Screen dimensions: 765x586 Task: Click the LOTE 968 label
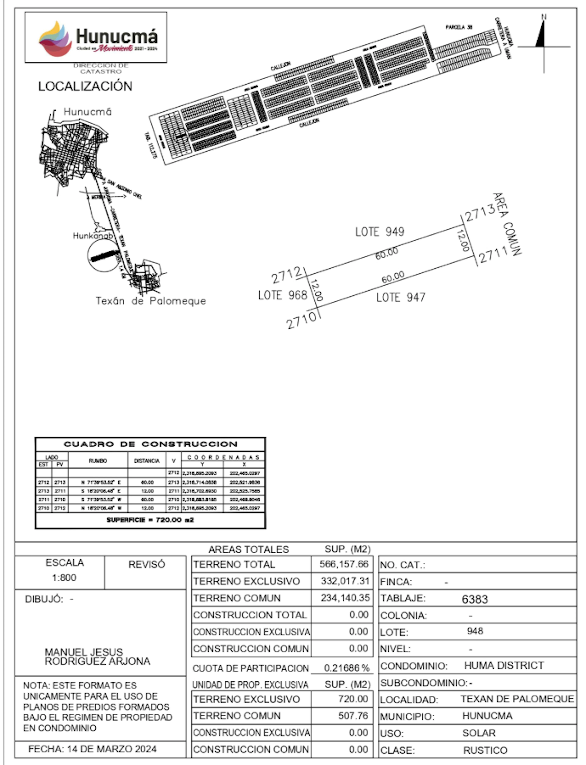click(x=282, y=295)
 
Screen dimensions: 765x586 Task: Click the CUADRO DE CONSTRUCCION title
click(x=150, y=444)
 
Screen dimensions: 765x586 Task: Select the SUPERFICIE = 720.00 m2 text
click(x=150, y=520)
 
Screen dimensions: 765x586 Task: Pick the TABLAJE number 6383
click(x=475, y=599)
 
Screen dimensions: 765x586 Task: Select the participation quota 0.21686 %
click(x=346, y=668)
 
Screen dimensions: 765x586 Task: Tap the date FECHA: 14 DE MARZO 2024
click(x=92, y=749)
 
